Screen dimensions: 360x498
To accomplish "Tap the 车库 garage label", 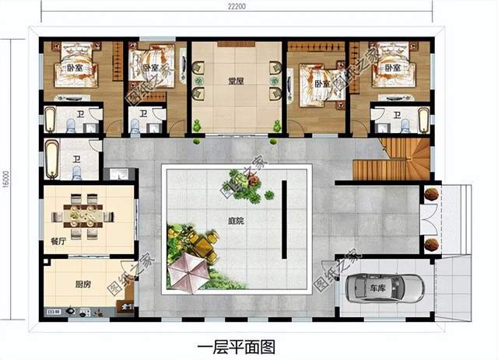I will [377, 288].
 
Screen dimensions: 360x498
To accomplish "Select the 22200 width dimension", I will [237, 7].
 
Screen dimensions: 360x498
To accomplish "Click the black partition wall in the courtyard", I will [284, 218].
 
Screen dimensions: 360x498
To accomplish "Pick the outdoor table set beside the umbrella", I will [204, 246].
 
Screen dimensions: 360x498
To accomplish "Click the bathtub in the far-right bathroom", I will [423, 120].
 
